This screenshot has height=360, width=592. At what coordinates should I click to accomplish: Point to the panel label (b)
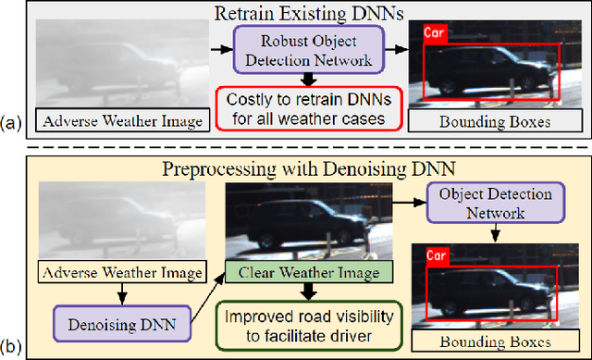click(13, 348)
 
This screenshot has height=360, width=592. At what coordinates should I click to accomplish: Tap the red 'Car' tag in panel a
click(436, 32)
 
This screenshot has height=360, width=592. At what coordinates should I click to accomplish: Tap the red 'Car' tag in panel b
click(437, 250)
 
